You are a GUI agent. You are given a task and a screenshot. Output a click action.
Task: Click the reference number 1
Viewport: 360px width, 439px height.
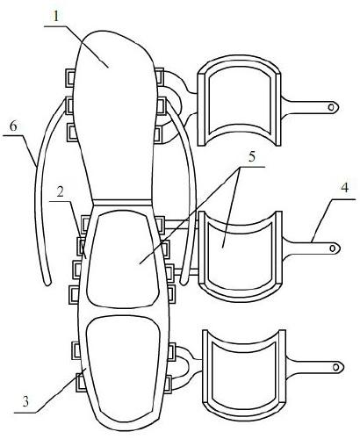[x=56, y=17]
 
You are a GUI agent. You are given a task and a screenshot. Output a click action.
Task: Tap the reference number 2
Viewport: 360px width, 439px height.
[x=61, y=192]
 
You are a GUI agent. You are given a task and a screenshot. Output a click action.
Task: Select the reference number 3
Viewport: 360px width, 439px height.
[x=25, y=402]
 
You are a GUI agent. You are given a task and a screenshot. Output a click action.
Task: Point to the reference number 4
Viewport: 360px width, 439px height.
[x=345, y=188]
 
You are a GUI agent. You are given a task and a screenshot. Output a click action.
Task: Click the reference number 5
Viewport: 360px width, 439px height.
[x=252, y=156]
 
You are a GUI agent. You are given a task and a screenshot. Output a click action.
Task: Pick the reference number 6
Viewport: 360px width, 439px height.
[x=13, y=126]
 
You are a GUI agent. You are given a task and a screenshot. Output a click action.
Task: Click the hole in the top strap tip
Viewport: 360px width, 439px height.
[x=331, y=107]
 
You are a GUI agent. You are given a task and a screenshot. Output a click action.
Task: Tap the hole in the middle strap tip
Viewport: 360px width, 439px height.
[x=333, y=248]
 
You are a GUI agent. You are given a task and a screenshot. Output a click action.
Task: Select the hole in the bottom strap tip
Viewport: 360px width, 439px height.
[x=337, y=367]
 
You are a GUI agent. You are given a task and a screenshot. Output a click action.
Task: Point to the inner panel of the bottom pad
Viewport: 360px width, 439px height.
[x=243, y=371]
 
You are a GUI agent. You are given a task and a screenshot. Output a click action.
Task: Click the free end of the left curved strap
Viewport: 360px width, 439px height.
[x=47, y=283]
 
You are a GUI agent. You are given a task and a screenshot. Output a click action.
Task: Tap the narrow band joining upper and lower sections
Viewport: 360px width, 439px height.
[x=123, y=203]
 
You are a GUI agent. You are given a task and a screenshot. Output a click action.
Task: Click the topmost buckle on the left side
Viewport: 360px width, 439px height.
[x=69, y=78]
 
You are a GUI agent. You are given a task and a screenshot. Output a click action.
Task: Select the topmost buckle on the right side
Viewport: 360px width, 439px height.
[x=159, y=77]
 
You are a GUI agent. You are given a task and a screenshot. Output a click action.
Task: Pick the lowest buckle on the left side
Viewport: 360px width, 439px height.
[x=80, y=382]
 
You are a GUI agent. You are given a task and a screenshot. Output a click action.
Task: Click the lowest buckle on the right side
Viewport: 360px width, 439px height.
[x=168, y=384]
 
